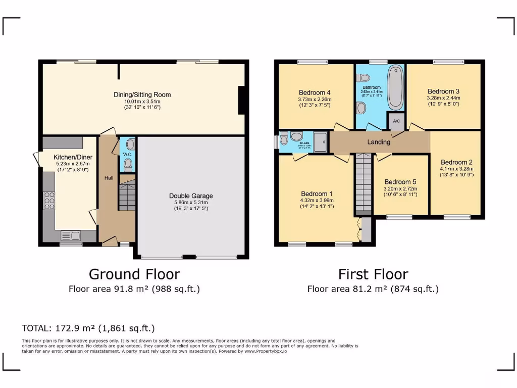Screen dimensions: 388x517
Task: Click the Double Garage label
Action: pyautogui.click(x=191, y=196)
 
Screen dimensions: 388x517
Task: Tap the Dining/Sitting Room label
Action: pyautogui.click(x=142, y=94)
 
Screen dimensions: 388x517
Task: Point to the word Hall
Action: pyautogui.click(x=109, y=178)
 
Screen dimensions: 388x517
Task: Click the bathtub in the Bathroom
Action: pyautogui.click(x=394, y=89)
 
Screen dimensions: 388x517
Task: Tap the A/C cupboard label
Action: pyautogui.click(x=396, y=121)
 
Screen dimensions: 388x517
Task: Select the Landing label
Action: pyautogui.click(x=379, y=142)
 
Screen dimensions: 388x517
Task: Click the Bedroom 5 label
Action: pyautogui.click(x=400, y=182)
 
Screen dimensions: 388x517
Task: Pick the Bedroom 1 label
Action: pyautogui.click(x=317, y=193)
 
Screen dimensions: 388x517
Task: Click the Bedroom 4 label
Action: pyautogui.click(x=315, y=92)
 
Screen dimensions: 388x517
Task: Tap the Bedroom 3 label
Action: pyautogui.click(x=443, y=91)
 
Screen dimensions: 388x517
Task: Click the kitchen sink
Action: pyautogui.click(x=70, y=235)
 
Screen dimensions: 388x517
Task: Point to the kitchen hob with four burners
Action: pyautogui.click(x=49, y=201)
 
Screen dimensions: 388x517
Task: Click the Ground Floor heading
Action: pyautogui.click(x=134, y=274)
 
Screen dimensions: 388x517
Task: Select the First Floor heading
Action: pyautogui.click(x=373, y=274)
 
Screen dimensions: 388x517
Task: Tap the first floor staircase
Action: pyautogui.click(x=363, y=183)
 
